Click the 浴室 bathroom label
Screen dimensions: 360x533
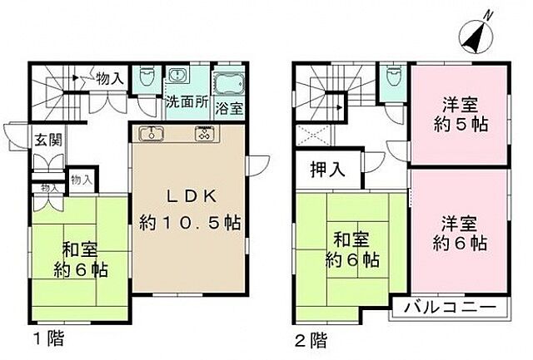pos(230,107)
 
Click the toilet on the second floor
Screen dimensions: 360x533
pos(391,79)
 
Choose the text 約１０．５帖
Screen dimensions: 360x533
pos(191,223)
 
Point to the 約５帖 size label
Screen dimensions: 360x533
pos(457,127)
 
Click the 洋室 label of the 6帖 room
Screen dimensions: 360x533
pos(457,224)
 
